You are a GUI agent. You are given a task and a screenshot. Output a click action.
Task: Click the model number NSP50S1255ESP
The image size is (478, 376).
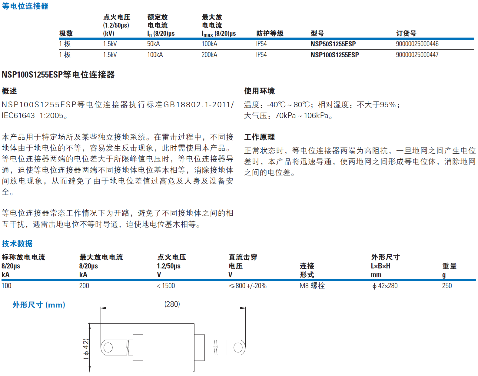333,44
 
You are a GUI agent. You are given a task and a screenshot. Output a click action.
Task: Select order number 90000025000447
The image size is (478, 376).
417,55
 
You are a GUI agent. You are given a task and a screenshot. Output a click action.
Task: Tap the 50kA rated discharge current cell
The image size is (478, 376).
153,44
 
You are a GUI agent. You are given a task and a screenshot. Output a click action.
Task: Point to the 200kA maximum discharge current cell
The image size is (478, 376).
209,55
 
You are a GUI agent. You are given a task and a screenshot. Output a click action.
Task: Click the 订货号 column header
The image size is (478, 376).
406,33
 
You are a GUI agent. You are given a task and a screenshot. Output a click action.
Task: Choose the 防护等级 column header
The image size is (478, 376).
270,33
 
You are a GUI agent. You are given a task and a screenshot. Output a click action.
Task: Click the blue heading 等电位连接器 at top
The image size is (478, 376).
25,6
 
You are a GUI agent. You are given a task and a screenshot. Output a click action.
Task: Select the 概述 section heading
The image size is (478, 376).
9,91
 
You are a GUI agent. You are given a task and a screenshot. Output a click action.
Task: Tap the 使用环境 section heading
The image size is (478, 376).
259,91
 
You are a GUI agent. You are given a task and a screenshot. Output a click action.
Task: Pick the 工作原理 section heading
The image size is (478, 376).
259,137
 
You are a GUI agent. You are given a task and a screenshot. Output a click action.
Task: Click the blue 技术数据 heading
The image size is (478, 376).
17,244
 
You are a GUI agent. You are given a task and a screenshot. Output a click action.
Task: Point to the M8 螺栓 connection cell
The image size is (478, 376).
312,286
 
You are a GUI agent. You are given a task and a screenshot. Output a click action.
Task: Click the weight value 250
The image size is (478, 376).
447,286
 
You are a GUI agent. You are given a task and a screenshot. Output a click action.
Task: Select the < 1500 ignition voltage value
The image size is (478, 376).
166,286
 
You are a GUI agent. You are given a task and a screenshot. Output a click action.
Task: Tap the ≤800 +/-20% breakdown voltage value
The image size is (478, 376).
247,286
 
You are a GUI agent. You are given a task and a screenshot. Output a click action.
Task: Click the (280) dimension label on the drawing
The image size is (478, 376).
172,304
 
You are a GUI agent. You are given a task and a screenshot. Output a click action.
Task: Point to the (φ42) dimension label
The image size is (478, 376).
86,349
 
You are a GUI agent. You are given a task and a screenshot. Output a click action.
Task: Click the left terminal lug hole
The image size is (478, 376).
108,348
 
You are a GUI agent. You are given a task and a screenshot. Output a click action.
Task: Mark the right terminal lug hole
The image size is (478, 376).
238,348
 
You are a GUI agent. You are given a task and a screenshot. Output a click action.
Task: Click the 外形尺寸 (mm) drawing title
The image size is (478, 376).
39,305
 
